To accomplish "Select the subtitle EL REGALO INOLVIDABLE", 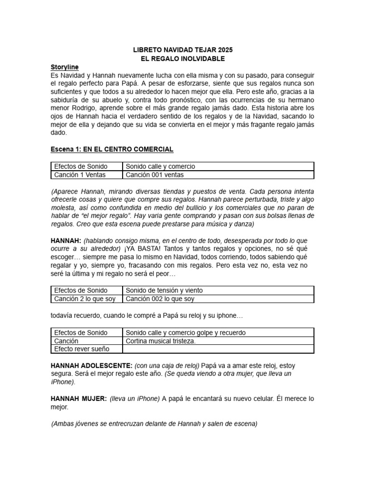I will point(182,58).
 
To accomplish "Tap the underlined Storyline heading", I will point(65,67).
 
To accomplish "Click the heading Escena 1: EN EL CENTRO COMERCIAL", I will point(112,149).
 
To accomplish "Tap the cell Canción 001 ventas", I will point(154,175).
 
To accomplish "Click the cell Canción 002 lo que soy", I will point(160,299).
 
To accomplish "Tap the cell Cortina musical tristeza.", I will point(161,341).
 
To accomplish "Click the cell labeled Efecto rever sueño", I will point(81,349).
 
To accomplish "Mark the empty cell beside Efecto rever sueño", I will point(218,349).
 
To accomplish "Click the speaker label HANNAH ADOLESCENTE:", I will point(91,365).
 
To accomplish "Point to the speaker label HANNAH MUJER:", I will point(78,399).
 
